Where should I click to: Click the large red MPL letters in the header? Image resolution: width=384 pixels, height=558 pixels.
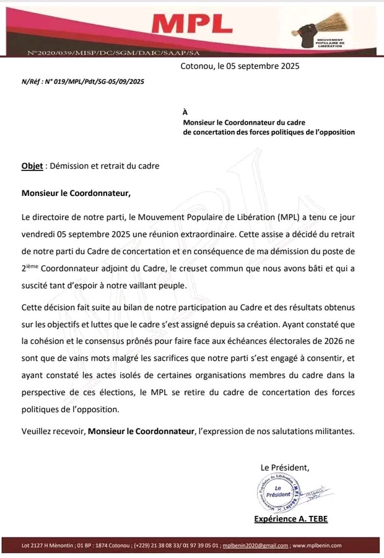tap(192, 24)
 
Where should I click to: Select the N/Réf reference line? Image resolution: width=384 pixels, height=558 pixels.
tap(82, 81)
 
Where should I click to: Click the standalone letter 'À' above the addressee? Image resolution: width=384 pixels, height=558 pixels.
tap(185, 112)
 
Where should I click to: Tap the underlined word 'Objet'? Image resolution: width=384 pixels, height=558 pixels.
tap(32, 166)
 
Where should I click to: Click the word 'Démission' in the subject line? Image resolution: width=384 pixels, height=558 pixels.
tap(69, 166)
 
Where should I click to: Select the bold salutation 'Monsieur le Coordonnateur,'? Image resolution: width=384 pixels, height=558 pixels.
tap(76, 193)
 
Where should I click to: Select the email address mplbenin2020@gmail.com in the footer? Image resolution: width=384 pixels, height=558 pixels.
tap(255, 546)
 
